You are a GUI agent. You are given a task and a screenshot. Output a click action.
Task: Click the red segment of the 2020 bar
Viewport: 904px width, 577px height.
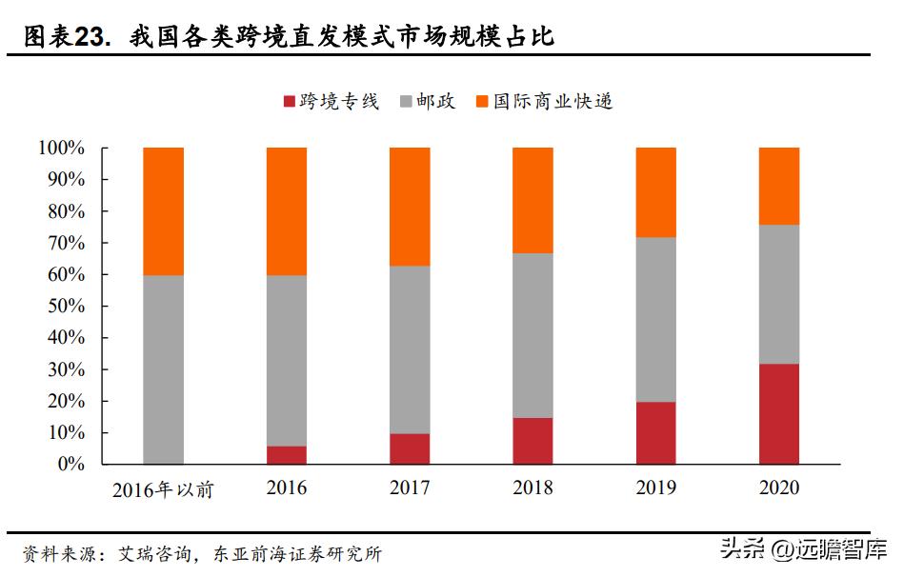tap(778, 414)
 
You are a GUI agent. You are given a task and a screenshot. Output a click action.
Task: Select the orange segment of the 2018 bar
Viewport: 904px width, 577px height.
tap(532, 200)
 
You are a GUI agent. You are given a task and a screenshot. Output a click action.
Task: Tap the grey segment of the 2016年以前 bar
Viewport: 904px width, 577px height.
tap(163, 369)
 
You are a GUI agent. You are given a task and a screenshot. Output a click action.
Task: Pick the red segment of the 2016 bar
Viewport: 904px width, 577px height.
tap(287, 455)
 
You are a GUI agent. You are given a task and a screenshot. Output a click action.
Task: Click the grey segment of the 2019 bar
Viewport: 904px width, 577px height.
tap(655, 319)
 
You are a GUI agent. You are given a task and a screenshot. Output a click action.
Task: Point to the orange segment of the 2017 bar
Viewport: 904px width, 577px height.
tap(410, 206)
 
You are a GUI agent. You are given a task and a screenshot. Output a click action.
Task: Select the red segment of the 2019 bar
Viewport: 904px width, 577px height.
tap(655, 433)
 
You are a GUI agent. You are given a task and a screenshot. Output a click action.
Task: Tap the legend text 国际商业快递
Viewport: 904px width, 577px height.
tap(552, 101)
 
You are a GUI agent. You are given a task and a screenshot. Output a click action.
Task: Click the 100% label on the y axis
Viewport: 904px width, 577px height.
tap(62, 149)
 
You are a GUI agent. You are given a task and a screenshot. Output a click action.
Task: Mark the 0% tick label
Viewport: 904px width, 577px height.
tap(70, 465)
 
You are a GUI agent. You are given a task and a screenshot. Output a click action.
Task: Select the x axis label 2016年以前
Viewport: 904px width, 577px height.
tap(163, 490)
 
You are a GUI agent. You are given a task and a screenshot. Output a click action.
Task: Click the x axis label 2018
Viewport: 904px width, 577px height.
tap(532, 488)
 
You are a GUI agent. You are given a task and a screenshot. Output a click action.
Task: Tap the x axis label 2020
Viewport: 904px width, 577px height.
tap(778, 488)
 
